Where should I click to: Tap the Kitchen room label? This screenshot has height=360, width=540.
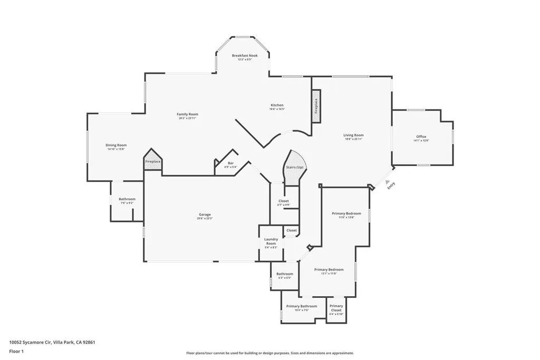click(x=277, y=105)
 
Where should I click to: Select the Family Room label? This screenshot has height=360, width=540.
click(x=187, y=114)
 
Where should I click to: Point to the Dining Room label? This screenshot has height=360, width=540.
click(x=117, y=145)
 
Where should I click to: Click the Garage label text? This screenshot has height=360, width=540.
click(x=205, y=215)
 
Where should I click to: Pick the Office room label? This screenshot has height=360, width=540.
click(x=421, y=137)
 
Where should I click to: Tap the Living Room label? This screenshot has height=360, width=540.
click(x=354, y=135)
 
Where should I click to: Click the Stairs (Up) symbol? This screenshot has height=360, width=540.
click(x=294, y=168)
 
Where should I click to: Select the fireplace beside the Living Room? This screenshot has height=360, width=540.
click(x=316, y=106)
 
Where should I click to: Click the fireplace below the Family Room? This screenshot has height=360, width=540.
click(x=153, y=161)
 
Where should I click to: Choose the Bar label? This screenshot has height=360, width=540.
click(x=230, y=163)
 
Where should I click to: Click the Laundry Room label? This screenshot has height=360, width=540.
click(x=271, y=241)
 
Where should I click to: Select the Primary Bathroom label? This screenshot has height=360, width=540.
click(x=302, y=306)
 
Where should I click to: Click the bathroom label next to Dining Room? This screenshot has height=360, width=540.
click(x=127, y=199)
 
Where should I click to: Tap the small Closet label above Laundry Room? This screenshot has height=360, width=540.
click(x=292, y=230)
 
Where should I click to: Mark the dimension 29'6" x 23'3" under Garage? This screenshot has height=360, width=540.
click(x=205, y=218)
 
